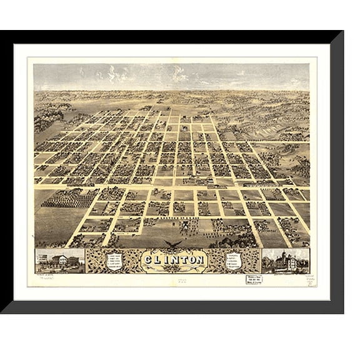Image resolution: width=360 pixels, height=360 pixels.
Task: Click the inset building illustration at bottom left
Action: pos(60,260)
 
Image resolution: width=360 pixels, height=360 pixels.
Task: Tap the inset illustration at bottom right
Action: pos(285,261)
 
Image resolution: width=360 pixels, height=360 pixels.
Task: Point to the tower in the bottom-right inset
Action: pos(282,255)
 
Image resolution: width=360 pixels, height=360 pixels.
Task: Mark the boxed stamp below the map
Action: pos(253,279)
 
